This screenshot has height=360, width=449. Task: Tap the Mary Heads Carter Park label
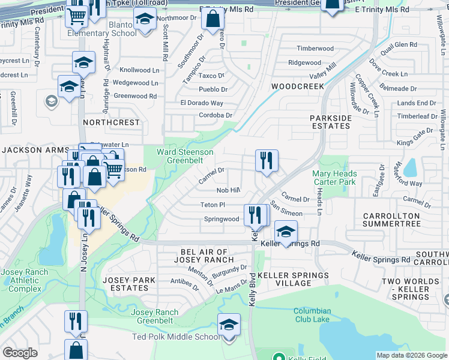coord(335,178)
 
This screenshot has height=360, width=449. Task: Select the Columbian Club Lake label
coord(312,315)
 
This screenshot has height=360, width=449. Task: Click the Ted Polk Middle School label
coord(176,337)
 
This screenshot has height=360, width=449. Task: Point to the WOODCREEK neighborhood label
coord(298,86)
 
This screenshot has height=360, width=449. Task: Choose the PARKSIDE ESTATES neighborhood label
coord(331,122)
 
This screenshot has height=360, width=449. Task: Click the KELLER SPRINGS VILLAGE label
coord(294,280)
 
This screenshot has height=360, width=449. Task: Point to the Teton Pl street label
coord(212,205)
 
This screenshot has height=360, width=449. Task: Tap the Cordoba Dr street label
coord(215,115)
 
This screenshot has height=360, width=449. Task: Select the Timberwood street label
coord(315,49)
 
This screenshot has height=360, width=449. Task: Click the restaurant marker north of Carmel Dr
coord(267,160)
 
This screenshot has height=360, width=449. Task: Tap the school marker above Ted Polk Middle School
coord(228,325)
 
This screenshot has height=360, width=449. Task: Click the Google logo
coord(20,353)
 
